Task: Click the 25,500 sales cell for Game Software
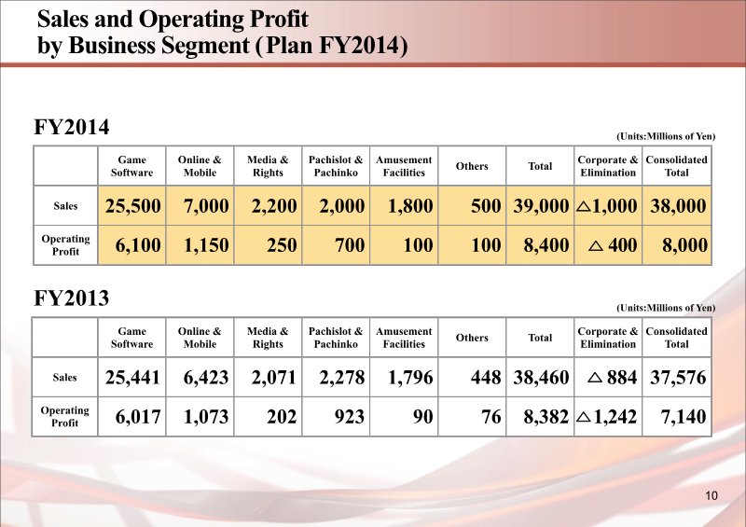pyautogui.click(x=132, y=206)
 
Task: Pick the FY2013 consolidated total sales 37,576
pyautogui.click(x=677, y=378)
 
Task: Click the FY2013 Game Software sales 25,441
pyautogui.click(x=132, y=378)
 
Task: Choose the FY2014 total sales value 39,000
pyautogui.click(x=541, y=206)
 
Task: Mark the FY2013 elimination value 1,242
pyautogui.click(x=615, y=417)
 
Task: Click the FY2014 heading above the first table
pyautogui.click(x=72, y=127)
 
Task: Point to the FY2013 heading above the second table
pyautogui.click(x=72, y=298)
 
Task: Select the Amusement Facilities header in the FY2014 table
pyautogui.click(x=404, y=166)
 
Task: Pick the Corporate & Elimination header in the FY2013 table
pyautogui.click(x=608, y=338)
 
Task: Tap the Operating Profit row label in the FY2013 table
pyautogui.click(x=65, y=416)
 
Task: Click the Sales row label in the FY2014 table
pyautogui.click(x=65, y=205)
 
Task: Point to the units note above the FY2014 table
pyautogui.click(x=666, y=136)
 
